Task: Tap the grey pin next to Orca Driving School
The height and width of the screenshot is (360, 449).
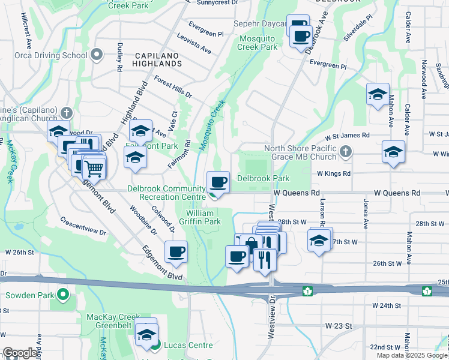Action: (x=97, y=56)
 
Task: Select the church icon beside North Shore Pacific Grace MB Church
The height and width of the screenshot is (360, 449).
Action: (x=345, y=152)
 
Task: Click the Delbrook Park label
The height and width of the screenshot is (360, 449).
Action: (x=263, y=178)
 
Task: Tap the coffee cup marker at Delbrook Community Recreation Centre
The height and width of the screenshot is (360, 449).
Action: (x=218, y=181)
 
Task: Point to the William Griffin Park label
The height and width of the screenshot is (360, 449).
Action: (x=203, y=217)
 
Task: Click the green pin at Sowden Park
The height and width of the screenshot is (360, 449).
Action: (x=61, y=295)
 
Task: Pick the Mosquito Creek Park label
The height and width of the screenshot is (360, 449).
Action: (x=259, y=42)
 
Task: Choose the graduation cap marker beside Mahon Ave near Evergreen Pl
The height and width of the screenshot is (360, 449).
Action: (x=378, y=94)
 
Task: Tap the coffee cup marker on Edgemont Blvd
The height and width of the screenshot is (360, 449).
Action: (x=176, y=252)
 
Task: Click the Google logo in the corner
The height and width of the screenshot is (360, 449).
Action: (x=20, y=353)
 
